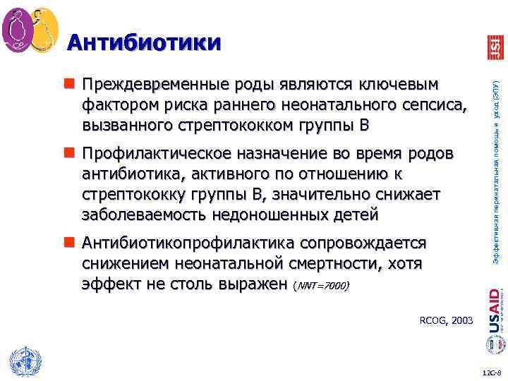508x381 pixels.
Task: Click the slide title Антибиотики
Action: pos(144,43)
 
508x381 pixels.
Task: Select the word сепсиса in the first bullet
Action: pos(435,106)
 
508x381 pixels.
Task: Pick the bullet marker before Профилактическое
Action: pos(71,154)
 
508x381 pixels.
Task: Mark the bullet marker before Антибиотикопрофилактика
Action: pos(71,243)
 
